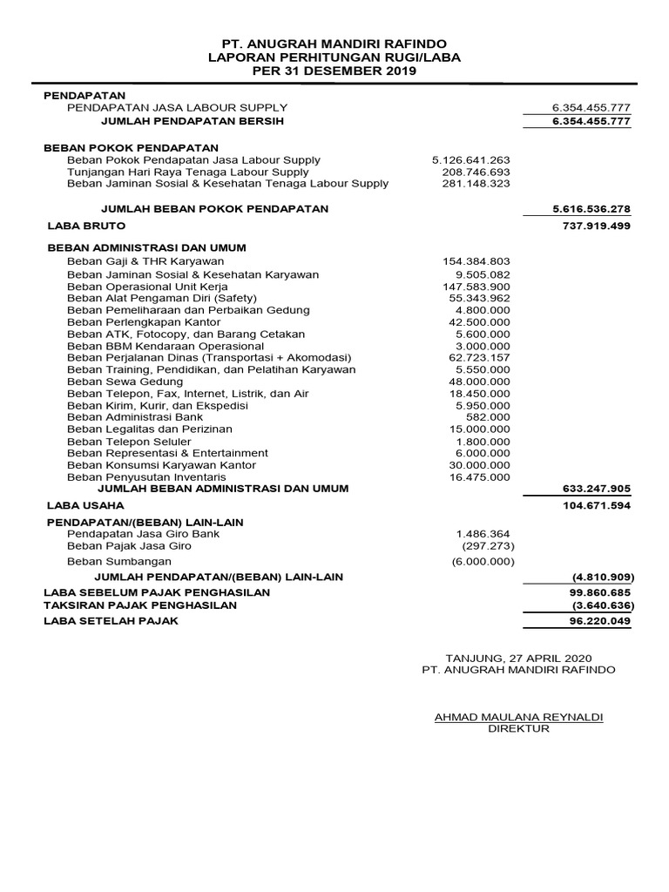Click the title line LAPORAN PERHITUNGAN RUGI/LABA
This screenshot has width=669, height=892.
(334, 57)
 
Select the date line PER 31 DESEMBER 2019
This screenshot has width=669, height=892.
(334, 71)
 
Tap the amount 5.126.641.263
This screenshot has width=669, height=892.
(470, 160)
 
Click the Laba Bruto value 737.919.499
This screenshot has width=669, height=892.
(591, 226)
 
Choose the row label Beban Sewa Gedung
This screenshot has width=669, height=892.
(125, 382)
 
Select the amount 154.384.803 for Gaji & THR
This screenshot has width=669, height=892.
(476, 261)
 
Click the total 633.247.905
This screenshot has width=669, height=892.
(591, 489)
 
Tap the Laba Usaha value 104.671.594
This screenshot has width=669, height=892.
(591, 505)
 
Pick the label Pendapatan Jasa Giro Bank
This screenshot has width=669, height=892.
(144, 533)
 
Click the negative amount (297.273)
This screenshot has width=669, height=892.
(488, 545)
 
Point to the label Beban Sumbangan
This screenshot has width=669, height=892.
(119, 562)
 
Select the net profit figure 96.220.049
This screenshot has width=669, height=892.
(595, 621)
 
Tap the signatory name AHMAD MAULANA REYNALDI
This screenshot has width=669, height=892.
(518, 717)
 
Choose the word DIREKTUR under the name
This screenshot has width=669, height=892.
(519, 729)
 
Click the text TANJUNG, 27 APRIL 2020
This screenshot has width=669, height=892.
(518, 657)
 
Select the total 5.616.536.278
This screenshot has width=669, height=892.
(591, 209)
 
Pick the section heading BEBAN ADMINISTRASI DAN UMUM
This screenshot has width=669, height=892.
(146, 247)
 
